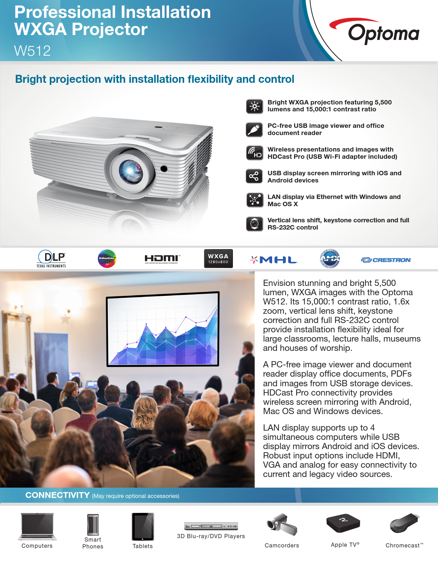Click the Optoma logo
point(374,31)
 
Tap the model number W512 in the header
point(32,51)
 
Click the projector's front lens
point(131,170)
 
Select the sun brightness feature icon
point(254,107)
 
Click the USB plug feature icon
point(254,130)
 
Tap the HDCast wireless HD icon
point(254,153)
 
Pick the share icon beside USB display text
point(254,176)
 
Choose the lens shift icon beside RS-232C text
point(254,224)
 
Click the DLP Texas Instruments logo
point(51,258)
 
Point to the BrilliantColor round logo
point(107,258)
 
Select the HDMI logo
point(162,259)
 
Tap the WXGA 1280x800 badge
point(218,258)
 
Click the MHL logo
point(274,260)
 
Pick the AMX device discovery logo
point(330,258)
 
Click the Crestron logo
point(386,260)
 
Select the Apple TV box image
point(343,523)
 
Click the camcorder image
point(282,524)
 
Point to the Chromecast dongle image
point(405,523)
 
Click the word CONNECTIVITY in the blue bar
point(57,495)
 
